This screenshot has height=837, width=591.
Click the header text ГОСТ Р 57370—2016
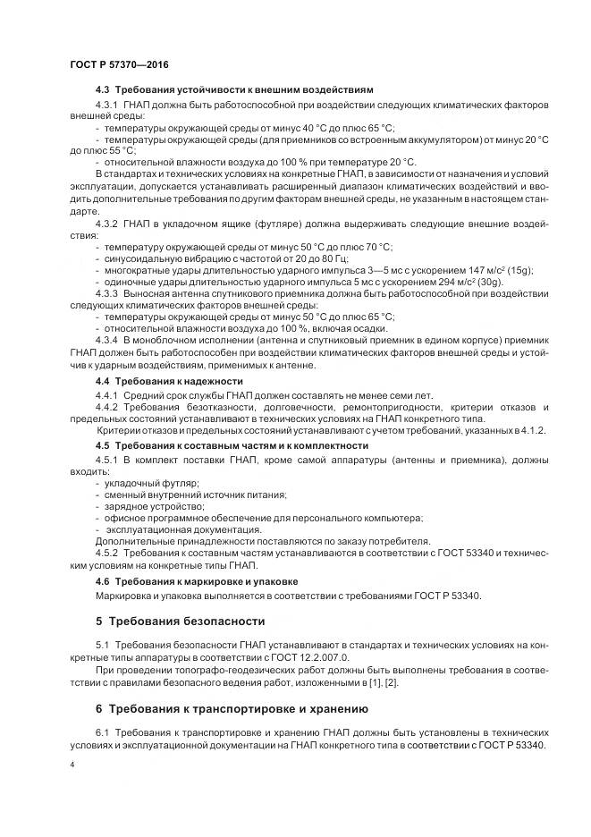(119, 66)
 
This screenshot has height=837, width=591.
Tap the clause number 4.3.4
(107, 341)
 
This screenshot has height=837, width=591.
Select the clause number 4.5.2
(107, 553)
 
